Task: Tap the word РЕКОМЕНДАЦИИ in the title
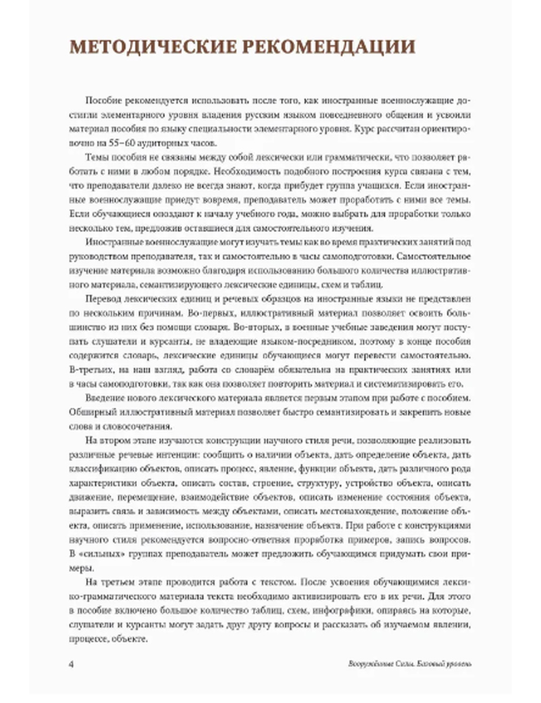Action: point(329,47)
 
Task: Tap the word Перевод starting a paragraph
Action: point(102,299)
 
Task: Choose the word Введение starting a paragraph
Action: point(104,398)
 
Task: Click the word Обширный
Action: point(89,412)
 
